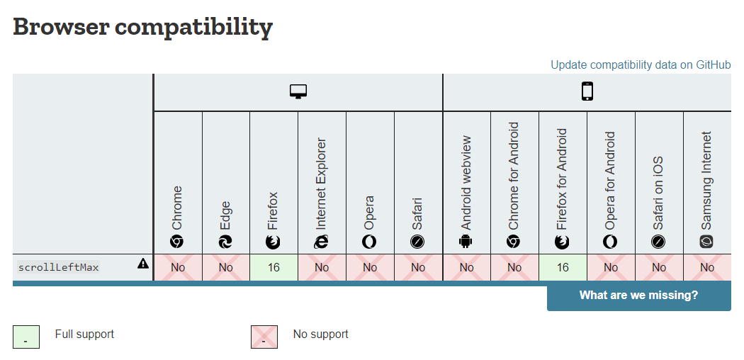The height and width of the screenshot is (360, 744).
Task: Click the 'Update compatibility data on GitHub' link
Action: pos(641,65)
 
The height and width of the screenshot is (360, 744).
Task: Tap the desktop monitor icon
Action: pos(298,92)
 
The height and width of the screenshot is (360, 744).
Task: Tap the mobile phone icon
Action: pos(587,92)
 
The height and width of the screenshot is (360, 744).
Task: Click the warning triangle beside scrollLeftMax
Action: pos(143,264)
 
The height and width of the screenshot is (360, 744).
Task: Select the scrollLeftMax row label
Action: pos(59,267)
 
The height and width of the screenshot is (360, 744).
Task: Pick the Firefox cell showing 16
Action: pos(274,267)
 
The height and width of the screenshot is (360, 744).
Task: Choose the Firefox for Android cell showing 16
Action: pos(563,267)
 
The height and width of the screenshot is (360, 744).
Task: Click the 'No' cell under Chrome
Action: pos(178,267)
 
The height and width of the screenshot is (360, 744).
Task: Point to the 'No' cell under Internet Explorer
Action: pos(322,267)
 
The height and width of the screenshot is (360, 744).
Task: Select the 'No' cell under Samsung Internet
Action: pos(707,267)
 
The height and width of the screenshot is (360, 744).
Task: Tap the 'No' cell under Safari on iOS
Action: pos(659,267)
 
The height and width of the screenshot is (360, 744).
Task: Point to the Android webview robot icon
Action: pos(466,242)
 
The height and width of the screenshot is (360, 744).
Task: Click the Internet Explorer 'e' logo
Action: pos(322,242)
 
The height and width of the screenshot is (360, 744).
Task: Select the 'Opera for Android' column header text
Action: pos(610,181)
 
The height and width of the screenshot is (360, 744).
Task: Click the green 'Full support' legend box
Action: pos(26,337)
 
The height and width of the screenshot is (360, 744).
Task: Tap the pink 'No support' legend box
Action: pos(264,337)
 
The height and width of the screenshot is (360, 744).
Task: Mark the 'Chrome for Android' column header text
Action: pos(514,176)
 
